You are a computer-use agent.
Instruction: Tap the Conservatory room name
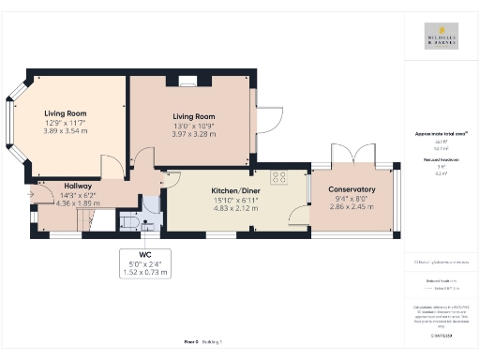tap(352, 190)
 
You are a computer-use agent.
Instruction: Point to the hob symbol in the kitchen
tap(279, 176)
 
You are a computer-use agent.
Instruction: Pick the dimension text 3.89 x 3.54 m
tap(65, 131)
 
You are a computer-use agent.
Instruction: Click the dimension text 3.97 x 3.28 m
tap(192, 134)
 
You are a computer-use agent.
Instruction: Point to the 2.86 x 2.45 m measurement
tap(352, 206)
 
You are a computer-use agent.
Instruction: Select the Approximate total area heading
tap(441, 134)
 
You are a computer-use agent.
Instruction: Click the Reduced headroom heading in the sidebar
tap(441, 161)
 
